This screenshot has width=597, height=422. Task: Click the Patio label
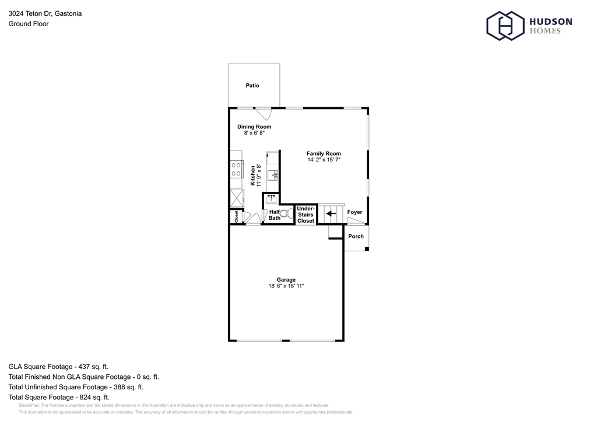(252, 86)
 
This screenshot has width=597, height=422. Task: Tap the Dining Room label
(254, 126)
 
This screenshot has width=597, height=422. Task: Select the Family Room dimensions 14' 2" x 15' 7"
(324, 160)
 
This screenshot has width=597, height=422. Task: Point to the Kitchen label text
(253, 175)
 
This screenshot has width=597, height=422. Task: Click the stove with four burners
(237, 169)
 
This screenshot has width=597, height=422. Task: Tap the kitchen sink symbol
(274, 174)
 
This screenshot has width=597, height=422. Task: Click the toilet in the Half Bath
(285, 214)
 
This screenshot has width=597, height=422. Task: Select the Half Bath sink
(271, 198)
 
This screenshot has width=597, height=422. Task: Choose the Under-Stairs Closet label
(305, 214)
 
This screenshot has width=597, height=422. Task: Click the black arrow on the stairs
(330, 214)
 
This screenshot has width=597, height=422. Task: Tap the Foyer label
(354, 212)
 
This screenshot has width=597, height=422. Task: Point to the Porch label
(356, 236)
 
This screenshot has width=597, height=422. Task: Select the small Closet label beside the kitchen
(236, 216)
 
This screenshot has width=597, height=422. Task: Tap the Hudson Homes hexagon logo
(503, 26)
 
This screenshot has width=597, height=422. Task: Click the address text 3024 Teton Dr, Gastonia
(45, 13)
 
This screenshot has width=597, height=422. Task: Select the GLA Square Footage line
(58, 367)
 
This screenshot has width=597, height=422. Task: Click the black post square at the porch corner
(366, 249)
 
